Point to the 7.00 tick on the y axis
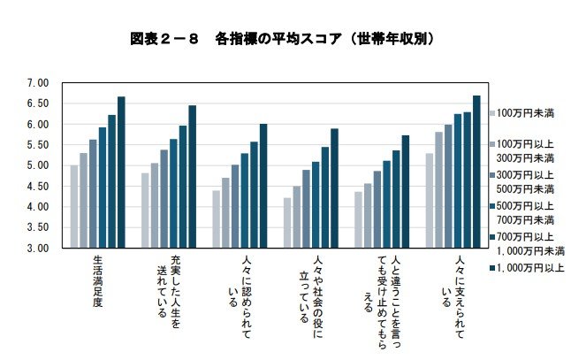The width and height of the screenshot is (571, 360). [36, 83]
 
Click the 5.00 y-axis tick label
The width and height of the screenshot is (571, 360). [36, 165]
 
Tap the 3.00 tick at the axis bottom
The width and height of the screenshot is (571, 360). [36, 249]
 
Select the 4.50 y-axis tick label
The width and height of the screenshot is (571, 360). [36, 187]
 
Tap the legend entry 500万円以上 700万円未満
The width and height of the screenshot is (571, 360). [525, 212]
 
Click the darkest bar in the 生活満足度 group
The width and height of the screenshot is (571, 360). [121, 172]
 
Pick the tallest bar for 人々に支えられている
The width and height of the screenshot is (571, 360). [476, 172]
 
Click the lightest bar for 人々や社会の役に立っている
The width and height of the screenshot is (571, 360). [287, 223]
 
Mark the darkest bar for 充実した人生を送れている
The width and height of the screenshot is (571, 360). [192, 177]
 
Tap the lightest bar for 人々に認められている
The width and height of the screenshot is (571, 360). [216, 219]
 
